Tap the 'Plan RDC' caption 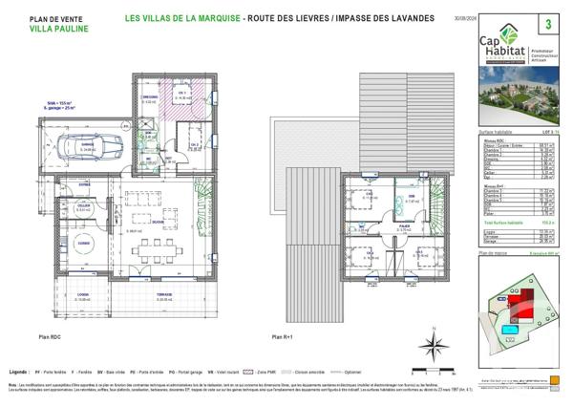coord(51,337)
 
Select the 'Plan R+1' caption coord(283,337)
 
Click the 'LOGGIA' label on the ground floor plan coord(84,295)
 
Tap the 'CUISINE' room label coord(85,243)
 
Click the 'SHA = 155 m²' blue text coord(60,101)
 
